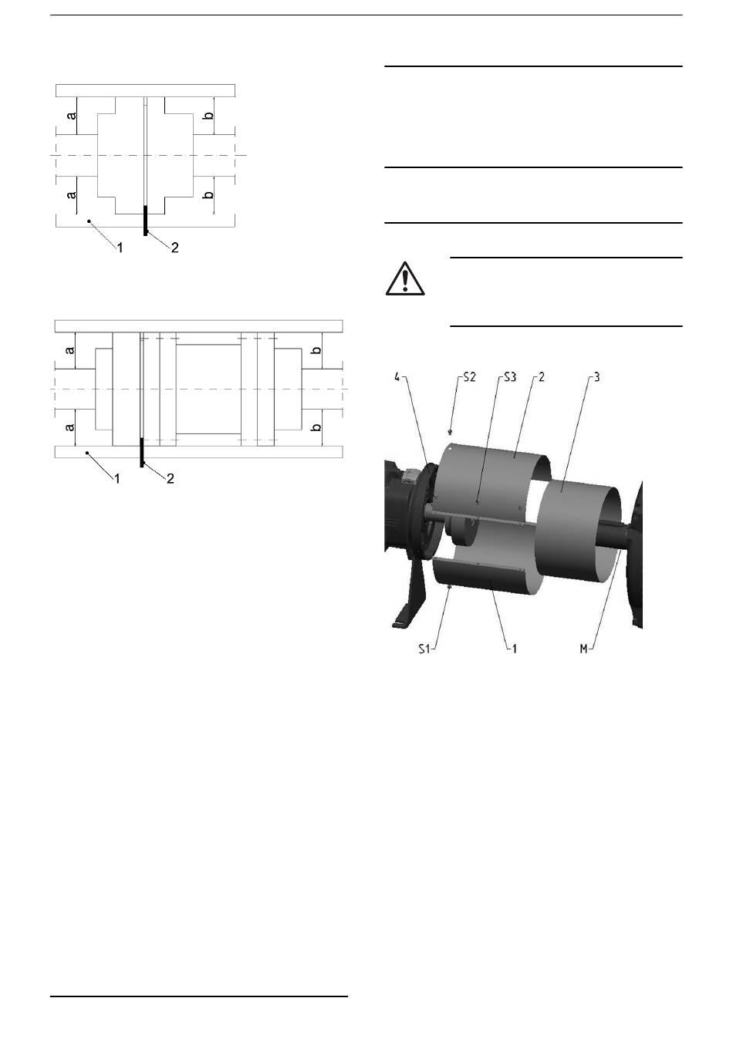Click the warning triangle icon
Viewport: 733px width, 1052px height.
405,278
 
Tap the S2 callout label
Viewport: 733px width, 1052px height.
469,377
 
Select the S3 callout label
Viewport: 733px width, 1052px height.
509,377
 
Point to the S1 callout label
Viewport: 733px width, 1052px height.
424,649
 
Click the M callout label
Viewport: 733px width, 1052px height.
583,649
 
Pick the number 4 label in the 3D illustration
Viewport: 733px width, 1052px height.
397,377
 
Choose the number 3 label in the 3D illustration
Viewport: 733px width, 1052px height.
596,377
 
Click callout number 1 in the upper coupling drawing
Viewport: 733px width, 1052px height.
120,247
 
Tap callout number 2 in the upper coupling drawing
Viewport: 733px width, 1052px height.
175,247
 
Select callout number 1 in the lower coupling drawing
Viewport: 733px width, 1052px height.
117,478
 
